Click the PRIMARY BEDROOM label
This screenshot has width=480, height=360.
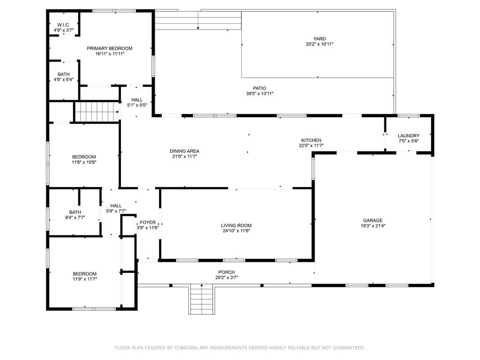coord(110,48)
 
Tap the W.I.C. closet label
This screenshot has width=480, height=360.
coord(64,25)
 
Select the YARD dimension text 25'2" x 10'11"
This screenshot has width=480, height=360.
coord(319,44)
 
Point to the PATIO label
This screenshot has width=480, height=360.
coord(260,88)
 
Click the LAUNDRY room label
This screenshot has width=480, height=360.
coord(408,135)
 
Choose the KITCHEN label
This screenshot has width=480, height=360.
coord(311,140)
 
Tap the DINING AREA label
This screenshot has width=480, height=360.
coord(184,151)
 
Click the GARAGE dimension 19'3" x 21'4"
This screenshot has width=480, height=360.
coord(373,226)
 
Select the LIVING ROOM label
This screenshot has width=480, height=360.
coord(236,225)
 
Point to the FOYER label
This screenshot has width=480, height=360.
coord(148,222)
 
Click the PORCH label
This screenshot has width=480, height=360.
coord(226,272)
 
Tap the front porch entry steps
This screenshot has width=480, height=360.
coord(201,299)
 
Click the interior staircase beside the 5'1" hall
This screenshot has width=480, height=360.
coord(97,112)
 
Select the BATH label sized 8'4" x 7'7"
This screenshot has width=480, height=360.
coord(75,212)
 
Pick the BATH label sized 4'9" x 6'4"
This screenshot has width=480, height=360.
coord(64,75)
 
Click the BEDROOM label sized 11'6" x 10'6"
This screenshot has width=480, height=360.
coord(84,157)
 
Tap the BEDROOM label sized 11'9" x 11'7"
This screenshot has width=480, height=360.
coord(84,274)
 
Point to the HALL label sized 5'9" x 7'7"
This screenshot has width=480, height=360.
coord(116,206)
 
